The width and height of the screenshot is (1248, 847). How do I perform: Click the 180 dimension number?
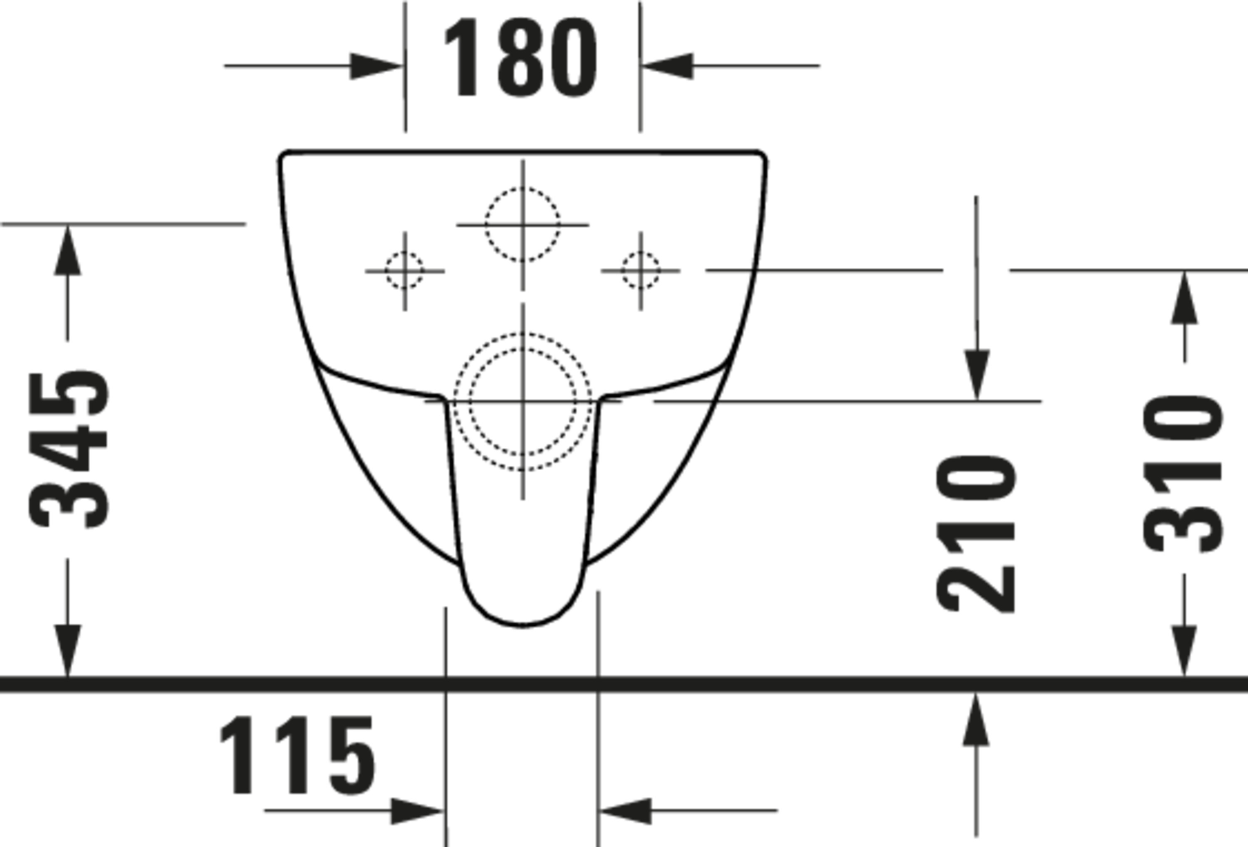520,57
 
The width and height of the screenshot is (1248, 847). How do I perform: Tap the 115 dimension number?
297,756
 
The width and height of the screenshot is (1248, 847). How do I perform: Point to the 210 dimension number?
975,533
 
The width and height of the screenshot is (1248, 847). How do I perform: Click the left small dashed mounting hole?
405,271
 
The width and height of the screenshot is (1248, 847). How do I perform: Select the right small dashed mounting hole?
641,271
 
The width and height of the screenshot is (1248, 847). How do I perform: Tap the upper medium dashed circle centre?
522,225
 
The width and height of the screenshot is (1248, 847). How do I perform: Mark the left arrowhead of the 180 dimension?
376,66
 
